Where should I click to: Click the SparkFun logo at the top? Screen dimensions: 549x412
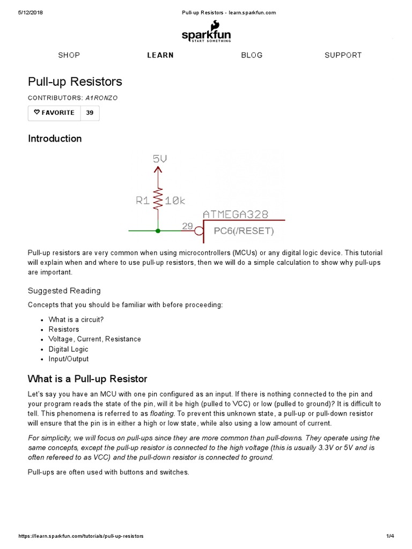tap(206, 32)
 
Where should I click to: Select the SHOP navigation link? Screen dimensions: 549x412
tap(69, 55)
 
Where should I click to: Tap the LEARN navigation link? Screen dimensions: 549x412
tap(160, 55)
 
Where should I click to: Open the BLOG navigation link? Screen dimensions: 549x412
tap(252, 55)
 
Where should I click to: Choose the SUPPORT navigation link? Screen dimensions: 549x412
tap(343, 55)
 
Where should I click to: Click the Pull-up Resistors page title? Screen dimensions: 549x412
tap(75, 81)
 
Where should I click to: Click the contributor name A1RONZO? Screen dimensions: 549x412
tap(101, 98)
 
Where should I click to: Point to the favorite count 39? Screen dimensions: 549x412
tap(90, 113)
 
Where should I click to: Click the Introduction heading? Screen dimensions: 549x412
tap(55, 138)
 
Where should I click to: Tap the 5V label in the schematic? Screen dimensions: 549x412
tap(160, 159)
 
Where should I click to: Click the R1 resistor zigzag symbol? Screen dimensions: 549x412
tap(158, 199)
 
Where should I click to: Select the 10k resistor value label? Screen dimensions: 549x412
tap(175, 201)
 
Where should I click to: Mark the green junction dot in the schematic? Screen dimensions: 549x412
tap(158, 231)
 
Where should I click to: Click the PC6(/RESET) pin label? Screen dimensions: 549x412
tap(244, 232)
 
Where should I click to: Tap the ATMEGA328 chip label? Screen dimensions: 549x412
tap(236, 214)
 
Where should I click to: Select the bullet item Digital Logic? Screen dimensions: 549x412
tap(68, 349)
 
